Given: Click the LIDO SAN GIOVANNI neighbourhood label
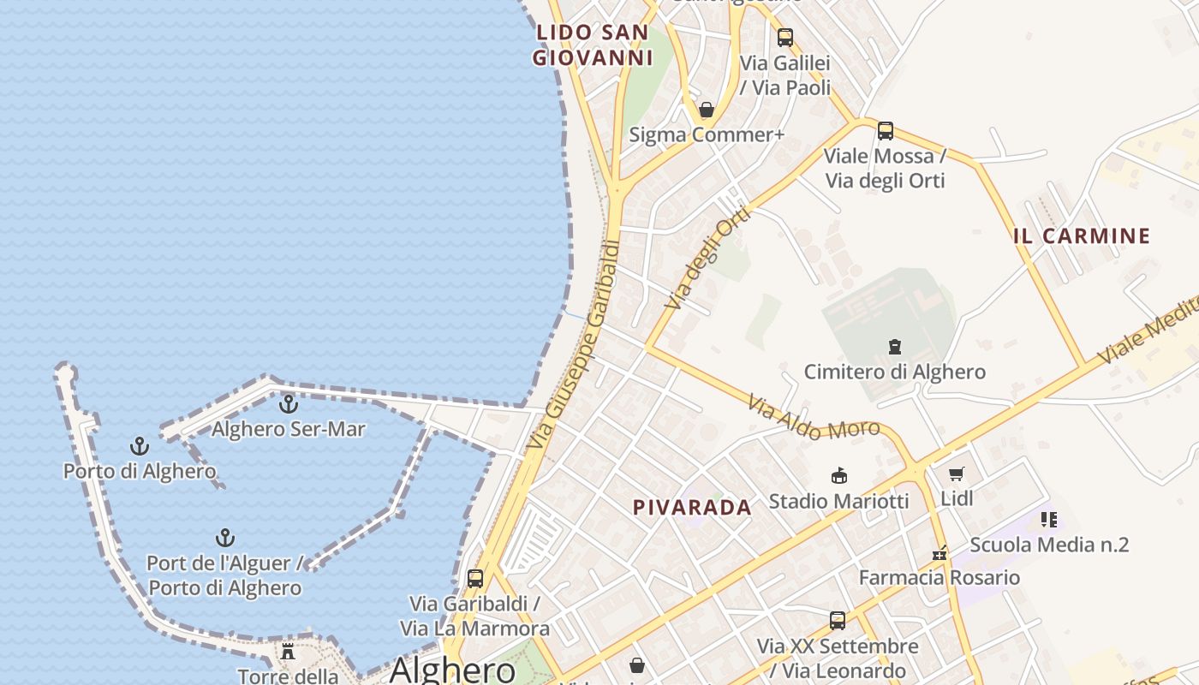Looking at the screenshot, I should pos(593,45).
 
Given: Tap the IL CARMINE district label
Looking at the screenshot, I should pos(1082,236).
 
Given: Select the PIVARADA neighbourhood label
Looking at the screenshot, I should pos(692,508).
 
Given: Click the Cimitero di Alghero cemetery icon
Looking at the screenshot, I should pos(895,347).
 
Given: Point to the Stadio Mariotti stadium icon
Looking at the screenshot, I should pos(839,476).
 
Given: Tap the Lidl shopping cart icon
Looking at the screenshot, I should pos(957,474).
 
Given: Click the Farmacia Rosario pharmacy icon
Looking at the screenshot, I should pos(940,553).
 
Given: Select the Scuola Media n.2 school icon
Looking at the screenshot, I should pos(1049,520).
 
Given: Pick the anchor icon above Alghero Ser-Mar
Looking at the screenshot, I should pos(289,403).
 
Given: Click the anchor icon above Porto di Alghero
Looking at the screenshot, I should pos(139,445).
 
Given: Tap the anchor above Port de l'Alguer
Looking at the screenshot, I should pos(224,538).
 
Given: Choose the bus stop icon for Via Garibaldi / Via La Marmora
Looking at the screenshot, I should pos(475,579).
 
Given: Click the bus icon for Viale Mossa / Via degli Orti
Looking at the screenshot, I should pos(886,131).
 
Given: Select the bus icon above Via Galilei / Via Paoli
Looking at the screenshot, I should pos(785,38).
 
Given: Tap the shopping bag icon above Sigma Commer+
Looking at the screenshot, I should pos(707,110).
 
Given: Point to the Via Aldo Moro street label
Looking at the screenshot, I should pos(814,418).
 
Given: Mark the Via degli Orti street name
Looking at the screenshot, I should pos(707,259).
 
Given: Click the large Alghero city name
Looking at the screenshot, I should pos(453,670).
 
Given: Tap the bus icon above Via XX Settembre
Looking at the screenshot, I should pos(838,621).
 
